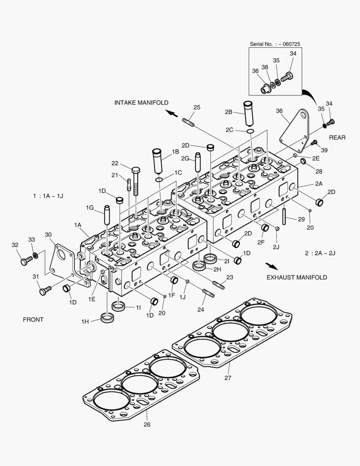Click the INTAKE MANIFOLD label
[141, 102]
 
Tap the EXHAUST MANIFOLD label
[297, 277]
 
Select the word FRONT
[33, 320]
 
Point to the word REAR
[337, 137]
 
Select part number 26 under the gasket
[147, 424]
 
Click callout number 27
[228, 378]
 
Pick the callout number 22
[115, 163]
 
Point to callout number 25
[197, 107]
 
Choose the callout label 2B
[229, 112]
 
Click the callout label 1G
[89, 208]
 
